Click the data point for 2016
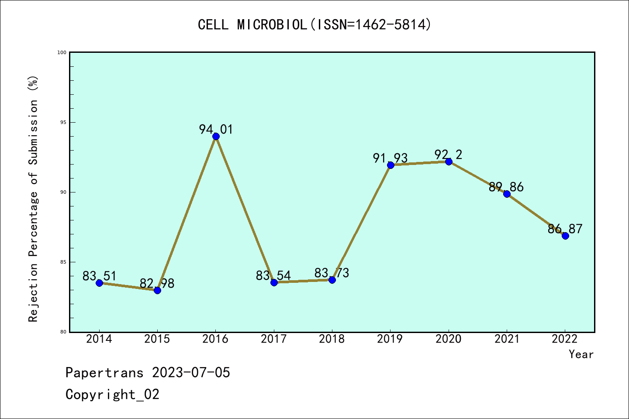[x=216, y=136]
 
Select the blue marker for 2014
[x=99, y=283]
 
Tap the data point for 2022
[x=565, y=236]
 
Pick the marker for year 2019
[x=391, y=165]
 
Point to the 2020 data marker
[x=449, y=161]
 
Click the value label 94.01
[x=216, y=129]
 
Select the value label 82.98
[x=157, y=284]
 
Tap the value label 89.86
[x=506, y=187]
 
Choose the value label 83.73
[x=332, y=273]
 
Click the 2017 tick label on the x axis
[x=274, y=339]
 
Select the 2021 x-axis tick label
[x=507, y=339]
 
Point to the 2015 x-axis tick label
[x=157, y=339]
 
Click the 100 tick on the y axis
[x=62, y=52]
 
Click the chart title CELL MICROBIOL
[x=314, y=24]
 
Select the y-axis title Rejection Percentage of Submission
[x=33, y=199]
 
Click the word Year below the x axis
[x=581, y=354]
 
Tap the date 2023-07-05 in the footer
[x=191, y=373]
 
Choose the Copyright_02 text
[x=112, y=395]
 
